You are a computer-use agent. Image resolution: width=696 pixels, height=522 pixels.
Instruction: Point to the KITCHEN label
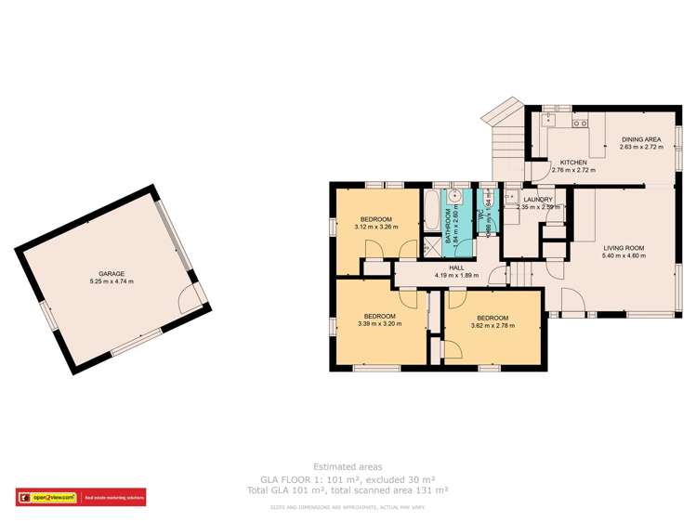point(572,163)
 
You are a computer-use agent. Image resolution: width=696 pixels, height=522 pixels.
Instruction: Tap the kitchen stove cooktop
point(580,122)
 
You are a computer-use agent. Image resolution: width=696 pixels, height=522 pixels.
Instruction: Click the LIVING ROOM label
point(624,248)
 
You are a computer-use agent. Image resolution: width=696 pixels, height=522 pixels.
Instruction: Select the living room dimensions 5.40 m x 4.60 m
point(624,256)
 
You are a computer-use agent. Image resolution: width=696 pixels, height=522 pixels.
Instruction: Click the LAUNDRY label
point(538,200)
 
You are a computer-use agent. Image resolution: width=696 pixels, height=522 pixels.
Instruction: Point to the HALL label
point(456,267)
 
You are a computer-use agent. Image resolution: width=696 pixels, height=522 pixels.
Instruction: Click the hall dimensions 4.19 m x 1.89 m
point(456,275)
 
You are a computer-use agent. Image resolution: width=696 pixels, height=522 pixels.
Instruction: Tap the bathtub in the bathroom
point(432,213)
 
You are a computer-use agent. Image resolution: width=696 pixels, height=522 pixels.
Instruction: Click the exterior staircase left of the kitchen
point(506,145)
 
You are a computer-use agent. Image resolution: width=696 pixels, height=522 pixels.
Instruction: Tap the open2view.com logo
point(47,497)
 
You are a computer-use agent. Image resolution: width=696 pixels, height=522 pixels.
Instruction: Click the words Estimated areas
point(348,466)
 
